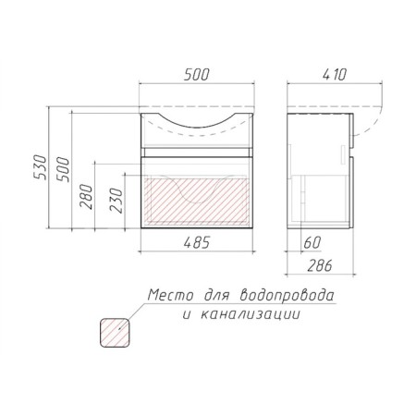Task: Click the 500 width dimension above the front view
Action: pyautogui.click(x=196, y=74)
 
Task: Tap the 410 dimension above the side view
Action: pyautogui.click(x=335, y=74)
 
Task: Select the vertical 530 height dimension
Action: pyautogui.click(x=40, y=167)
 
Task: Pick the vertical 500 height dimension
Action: pyautogui.click(x=63, y=169)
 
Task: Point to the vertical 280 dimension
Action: pyautogui.click(x=86, y=197)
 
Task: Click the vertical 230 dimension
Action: pyautogui.click(x=116, y=201)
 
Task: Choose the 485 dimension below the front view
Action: pyautogui.click(x=197, y=242)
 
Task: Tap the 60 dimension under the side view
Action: pyautogui.click(x=312, y=242)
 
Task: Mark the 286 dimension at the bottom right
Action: pyautogui.click(x=320, y=265)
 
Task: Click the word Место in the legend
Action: pyautogui.click(x=170, y=295)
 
